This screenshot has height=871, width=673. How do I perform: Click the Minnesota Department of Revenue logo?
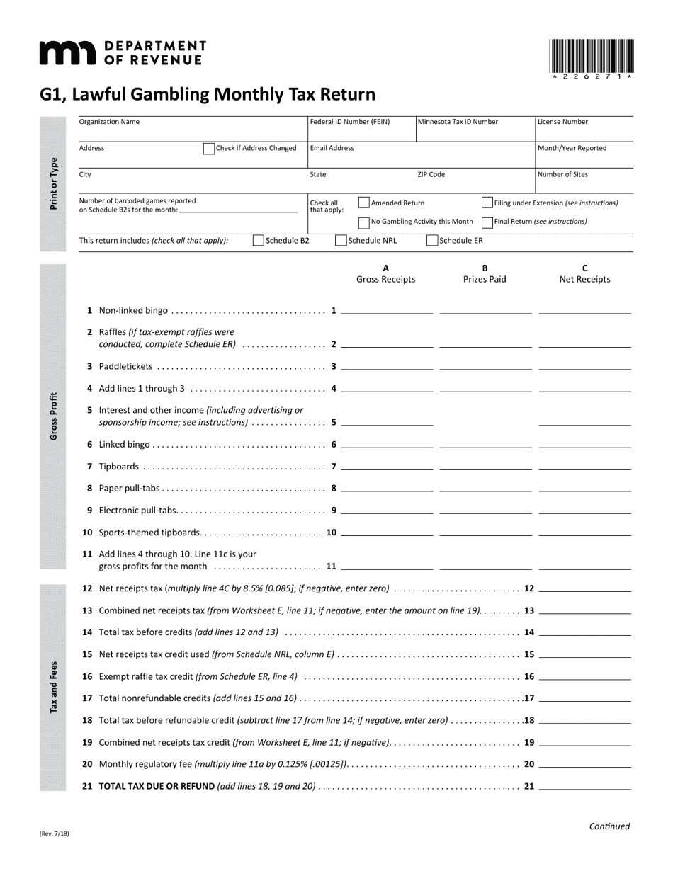click(x=122, y=53)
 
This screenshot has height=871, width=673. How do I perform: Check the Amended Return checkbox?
click(x=364, y=203)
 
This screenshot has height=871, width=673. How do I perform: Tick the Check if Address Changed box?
click(x=209, y=149)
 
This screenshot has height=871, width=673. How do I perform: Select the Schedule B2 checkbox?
click(x=259, y=241)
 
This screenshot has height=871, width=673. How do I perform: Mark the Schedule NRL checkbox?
click(x=341, y=241)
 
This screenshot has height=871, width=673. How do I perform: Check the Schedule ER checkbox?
click(x=431, y=241)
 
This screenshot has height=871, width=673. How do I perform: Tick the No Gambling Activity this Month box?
click(x=364, y=222)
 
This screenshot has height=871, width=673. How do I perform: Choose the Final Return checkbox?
click(x=487, y=222)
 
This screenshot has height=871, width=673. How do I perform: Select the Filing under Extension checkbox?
click(x=487, y=203)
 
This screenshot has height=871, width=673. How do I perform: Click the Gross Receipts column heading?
click(x=385, y=274)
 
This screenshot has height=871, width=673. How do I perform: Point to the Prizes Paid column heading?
click(x=485, y=274)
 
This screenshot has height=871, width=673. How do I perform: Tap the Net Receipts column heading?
click(x=584, y=274)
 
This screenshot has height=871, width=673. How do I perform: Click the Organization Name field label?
click(x=109, y=122)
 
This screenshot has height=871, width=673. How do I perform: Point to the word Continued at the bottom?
click(x=609, y=826)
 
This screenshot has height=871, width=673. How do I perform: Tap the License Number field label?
click(x=562, y=122)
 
